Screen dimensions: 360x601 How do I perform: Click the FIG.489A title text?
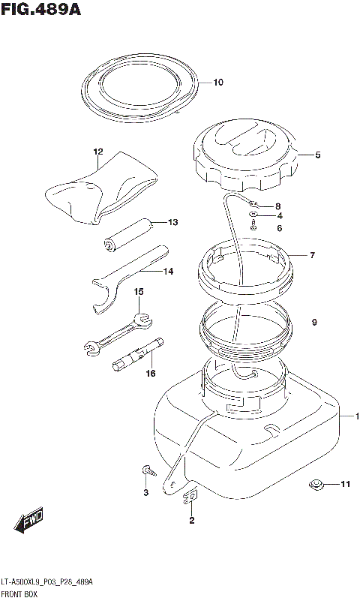point(40,9)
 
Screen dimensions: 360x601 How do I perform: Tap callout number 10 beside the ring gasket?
point(218,83)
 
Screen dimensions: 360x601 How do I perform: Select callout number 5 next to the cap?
point(318,155)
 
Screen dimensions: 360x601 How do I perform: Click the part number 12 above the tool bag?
point(98,152)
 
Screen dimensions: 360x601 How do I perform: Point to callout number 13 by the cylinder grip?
point(173,222)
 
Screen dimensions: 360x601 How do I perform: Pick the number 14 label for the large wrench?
point(168,272)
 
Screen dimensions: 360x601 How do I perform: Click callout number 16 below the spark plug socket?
point(151,373)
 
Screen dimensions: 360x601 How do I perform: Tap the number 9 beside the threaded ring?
point(314,323)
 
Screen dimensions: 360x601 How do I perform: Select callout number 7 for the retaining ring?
point(313,255)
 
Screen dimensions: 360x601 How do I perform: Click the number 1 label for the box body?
point(357,416)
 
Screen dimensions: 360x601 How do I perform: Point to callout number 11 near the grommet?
point(346,485)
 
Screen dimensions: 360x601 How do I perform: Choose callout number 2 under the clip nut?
point(192,520)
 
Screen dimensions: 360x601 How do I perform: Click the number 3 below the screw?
point(146,493)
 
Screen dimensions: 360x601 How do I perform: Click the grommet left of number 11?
point(316,485)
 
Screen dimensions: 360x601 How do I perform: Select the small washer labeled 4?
point(253,215)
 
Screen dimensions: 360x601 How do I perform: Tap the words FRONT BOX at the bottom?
point(19,594)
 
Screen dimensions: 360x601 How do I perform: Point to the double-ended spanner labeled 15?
point(118,332)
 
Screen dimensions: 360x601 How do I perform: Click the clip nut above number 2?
point(190,497)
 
